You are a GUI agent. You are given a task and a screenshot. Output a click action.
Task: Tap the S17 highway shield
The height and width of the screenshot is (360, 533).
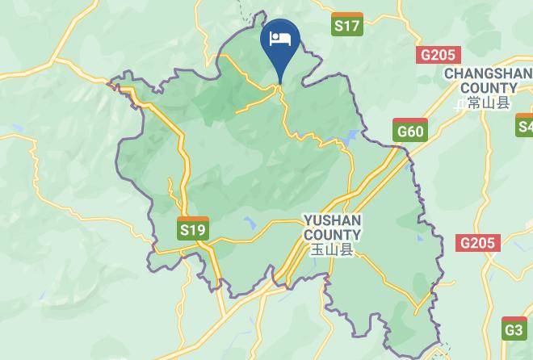click(347, 26)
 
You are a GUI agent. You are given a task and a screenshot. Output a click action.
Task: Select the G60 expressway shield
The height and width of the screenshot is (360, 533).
click(409, 131)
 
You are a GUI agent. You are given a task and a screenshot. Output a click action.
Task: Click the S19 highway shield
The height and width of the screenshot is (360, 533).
click(192, 230)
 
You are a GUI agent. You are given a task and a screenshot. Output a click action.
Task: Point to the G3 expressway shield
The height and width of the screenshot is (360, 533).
click(514, 329)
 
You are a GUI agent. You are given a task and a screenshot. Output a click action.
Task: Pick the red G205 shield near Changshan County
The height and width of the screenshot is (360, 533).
click(439, 55)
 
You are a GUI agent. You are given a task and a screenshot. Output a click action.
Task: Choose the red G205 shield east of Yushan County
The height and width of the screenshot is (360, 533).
click(478, 243)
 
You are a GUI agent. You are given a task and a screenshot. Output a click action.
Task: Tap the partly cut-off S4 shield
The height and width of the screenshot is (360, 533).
click(525, 126)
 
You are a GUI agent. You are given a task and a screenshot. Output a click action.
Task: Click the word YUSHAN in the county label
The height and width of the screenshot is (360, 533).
click(332, 220)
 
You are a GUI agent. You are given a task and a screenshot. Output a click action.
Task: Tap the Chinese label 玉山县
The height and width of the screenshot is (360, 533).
click(333, 250)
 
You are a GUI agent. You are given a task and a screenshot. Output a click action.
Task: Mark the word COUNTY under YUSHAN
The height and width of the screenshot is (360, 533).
click(332, 235)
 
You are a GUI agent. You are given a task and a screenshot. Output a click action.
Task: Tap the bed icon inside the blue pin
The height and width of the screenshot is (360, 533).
click(280, 38)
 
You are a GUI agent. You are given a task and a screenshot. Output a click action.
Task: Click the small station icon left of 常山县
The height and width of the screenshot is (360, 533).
click(460, 104)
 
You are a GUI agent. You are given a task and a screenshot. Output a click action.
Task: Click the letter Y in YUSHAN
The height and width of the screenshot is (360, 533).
click(308, 220)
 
